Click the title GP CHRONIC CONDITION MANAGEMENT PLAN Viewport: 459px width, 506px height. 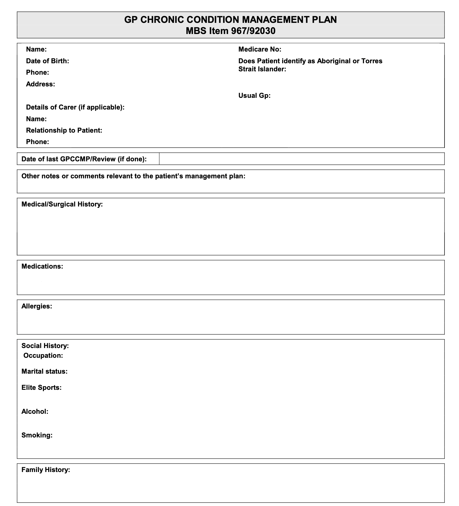[230, 20]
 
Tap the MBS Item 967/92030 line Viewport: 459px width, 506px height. [230, 31]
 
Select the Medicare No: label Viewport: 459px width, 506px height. [260, 49]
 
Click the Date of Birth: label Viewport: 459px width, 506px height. [47, 61]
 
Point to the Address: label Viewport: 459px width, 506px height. [40, 84]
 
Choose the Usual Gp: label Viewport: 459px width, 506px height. [254, 96]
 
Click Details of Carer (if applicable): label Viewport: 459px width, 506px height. [75, 107]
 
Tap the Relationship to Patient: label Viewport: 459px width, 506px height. [64, 130]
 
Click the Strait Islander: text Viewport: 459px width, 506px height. [262, 69]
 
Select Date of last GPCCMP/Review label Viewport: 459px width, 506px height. [84, 159]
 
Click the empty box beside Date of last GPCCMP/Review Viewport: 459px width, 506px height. [302, 159]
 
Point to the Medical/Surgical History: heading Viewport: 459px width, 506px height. [62, 204]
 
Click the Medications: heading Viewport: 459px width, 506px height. [42, 266]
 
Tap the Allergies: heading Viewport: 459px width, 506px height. [37, 306]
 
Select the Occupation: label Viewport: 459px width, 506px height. [43, 356]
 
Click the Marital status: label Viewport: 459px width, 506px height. [45, 371]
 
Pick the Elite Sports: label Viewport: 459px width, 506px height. [41, 388]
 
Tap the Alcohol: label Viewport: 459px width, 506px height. [35, 412]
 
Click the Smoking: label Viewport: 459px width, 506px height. [37, 435]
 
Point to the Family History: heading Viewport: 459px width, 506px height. [46, 470]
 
